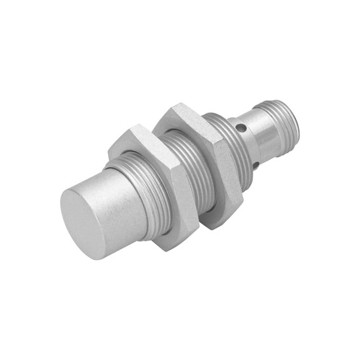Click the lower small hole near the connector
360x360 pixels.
259,164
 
